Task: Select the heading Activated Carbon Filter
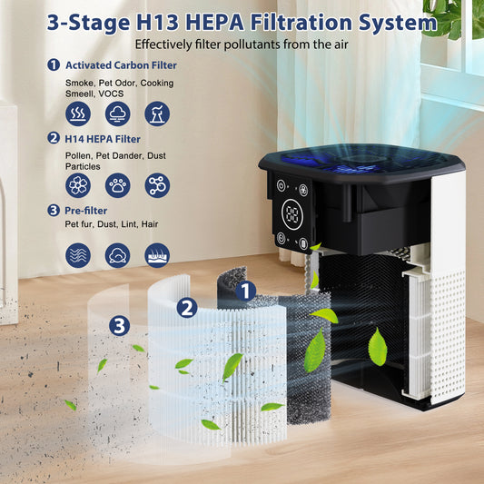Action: point(121,64)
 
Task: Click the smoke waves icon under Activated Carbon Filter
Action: point(78,114)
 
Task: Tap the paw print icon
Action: point(117,185)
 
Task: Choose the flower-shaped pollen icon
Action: point(78,185)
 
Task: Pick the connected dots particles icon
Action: point(157,185)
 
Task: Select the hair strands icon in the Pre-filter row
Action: point(157,255)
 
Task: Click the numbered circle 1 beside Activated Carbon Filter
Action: point(54,65)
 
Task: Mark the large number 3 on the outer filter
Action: point(120,324)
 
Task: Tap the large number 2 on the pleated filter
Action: point(187,308)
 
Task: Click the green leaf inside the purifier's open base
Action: point(377,346)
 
